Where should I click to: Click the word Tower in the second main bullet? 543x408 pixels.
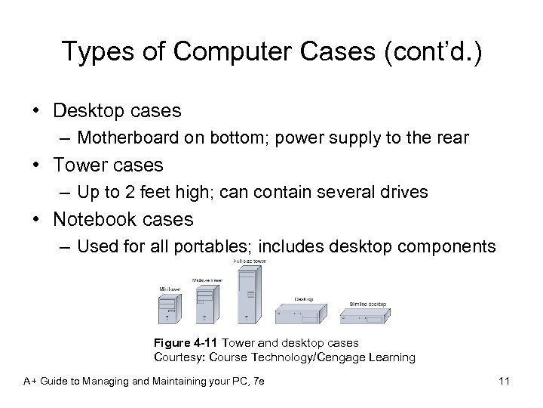77,164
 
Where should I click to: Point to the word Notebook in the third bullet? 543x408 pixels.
88,219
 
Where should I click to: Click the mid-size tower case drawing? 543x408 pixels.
204,304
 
